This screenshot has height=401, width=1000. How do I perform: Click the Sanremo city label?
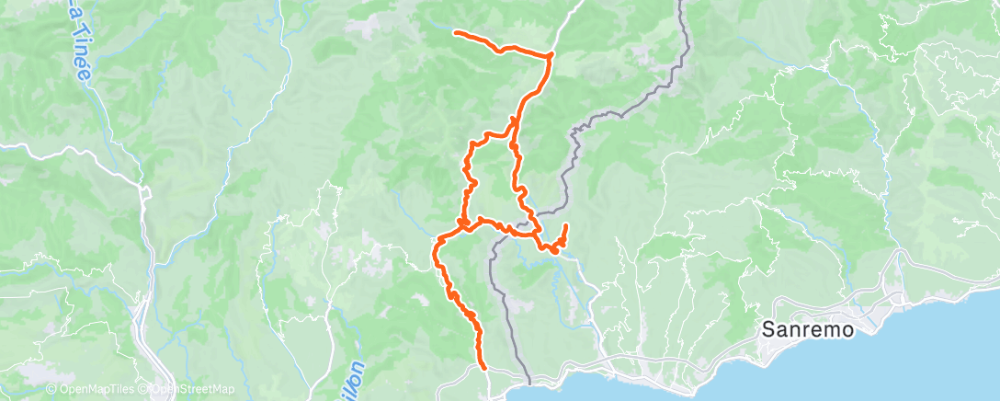[x=809, y=329]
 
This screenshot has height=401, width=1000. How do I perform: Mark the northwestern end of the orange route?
[x=456, y=32]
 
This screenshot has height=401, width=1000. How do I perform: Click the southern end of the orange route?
[x=484, y=367]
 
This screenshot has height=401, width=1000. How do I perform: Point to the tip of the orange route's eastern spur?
[x=565, y=225]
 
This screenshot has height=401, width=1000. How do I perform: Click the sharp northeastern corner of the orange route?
[x=551, y=56]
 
